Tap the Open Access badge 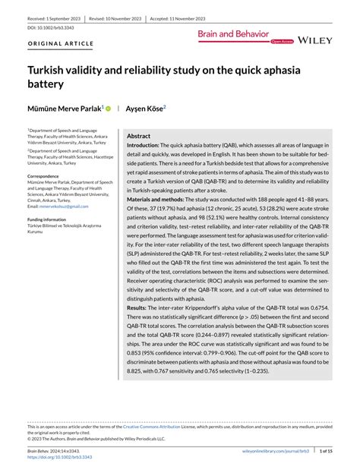pyautogui.click(x=282, y=41)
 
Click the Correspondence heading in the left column pyautogui.click(x=48, y=176)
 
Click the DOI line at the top pyautogui.click(x=49, y=27)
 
